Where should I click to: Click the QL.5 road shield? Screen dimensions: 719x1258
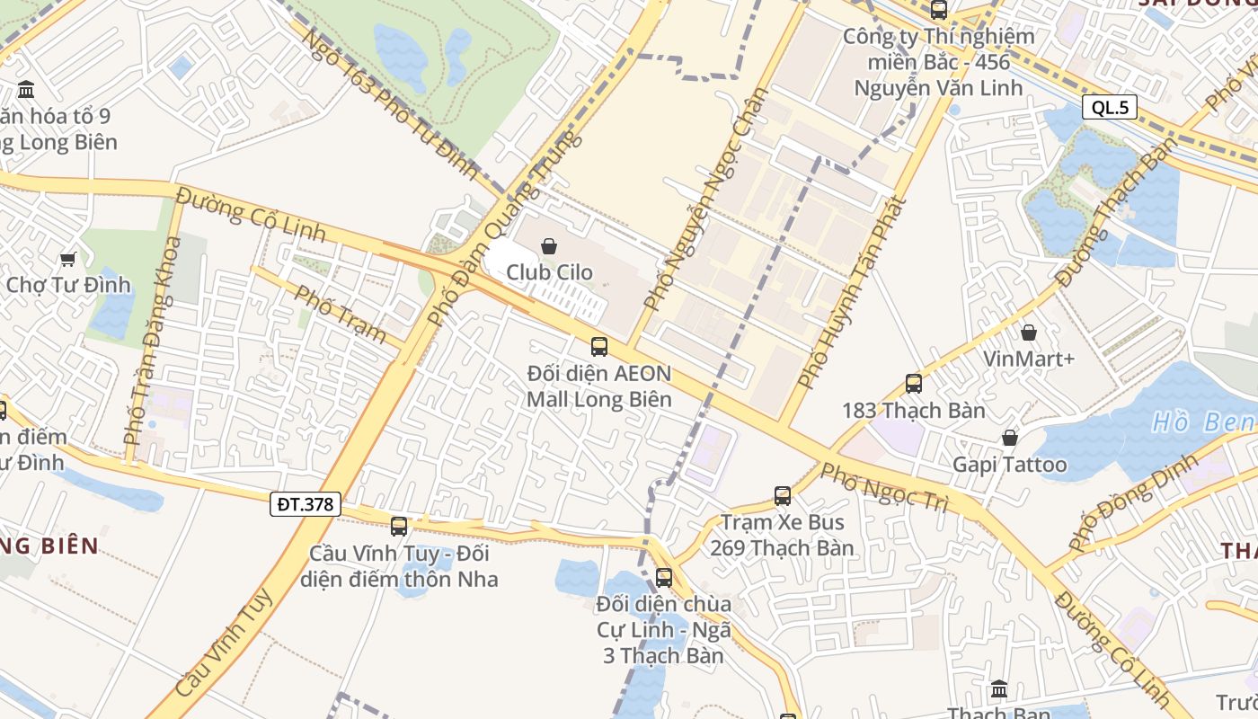pos(1110,108)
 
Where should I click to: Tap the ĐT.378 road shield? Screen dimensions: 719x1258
pos(306,504)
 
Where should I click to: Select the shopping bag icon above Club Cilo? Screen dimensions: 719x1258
pos(549,245)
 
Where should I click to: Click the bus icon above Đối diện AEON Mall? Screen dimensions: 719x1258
pos(599,346)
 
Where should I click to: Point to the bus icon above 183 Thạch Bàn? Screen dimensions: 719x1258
pos(914,384)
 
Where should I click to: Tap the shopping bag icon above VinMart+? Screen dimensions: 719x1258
pos(1029,333)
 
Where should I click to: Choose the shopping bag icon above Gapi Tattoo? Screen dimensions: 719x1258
pos(1010,438)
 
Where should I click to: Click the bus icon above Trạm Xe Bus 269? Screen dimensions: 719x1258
pos(783,495)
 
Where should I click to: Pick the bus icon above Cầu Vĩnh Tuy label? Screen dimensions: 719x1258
pos(399,527)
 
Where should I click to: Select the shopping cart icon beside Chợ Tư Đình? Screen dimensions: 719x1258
pos(67,260)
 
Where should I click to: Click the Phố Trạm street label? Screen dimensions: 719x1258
pos(341,314)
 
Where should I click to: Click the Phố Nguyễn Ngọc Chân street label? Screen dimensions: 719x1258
pos(707,200)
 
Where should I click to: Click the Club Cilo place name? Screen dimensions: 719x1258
pos(549,272)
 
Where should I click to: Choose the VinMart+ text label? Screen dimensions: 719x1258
pos(1029,359)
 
